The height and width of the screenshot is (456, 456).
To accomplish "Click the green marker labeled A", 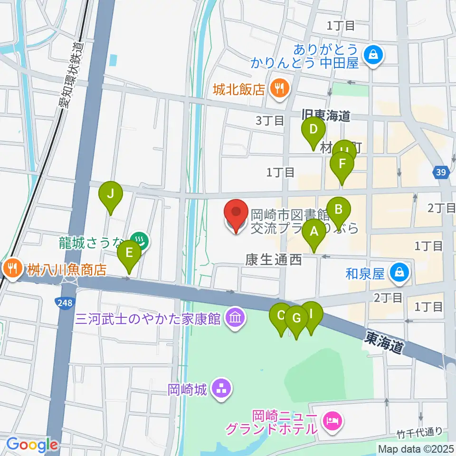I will [x=313, y=231].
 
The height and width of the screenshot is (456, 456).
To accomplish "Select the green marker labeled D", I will [x=313, y=129].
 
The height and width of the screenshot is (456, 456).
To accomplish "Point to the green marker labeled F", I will [x=342, y=164].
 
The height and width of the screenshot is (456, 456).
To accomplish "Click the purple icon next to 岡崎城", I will [x=220, y=389].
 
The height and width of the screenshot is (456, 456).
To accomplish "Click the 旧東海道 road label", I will [x=326, y=115].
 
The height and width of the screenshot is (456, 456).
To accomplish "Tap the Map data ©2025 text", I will [x=415, y=448].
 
